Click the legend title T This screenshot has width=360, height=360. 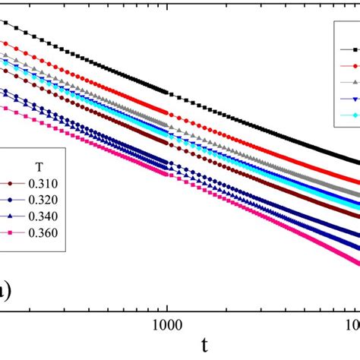click(x=39, y=166)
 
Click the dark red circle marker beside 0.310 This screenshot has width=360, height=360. click(x=10, y=183)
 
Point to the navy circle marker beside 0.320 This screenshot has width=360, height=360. click(x=10, y=199)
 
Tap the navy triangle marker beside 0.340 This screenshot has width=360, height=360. click(x=10, y=215)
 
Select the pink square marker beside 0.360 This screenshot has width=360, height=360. click(x=10, y=231)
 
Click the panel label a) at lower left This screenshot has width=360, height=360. click(x=5, y=289)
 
